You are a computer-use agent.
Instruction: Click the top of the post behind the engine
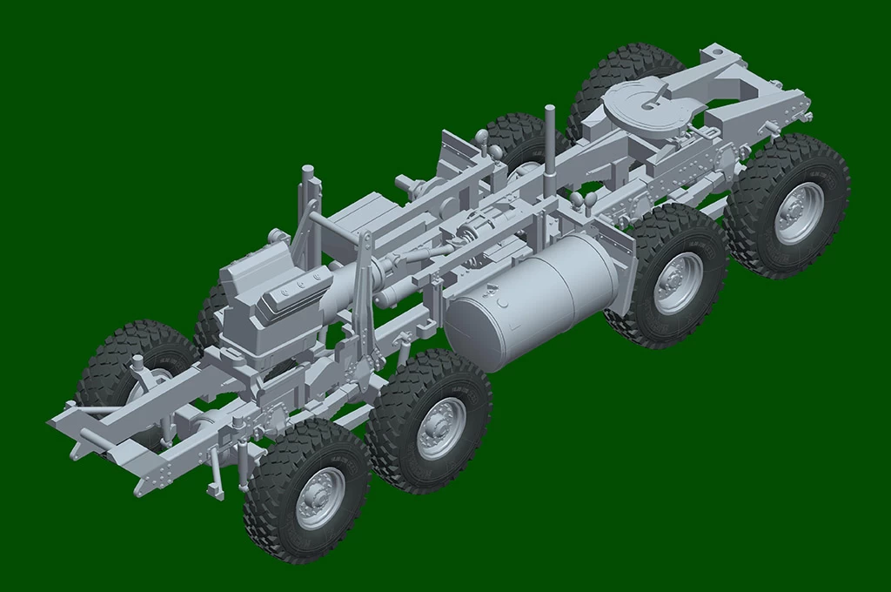(x=307, y=170)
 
